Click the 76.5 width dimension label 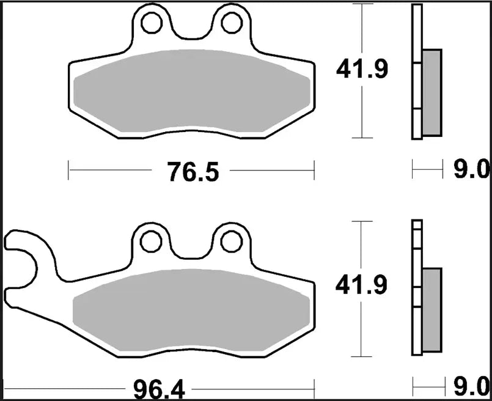192,172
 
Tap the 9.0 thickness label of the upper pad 471,169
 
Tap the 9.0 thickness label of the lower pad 471,387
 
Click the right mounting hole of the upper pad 231,23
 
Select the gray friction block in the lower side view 431,309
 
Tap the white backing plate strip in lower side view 417,287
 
